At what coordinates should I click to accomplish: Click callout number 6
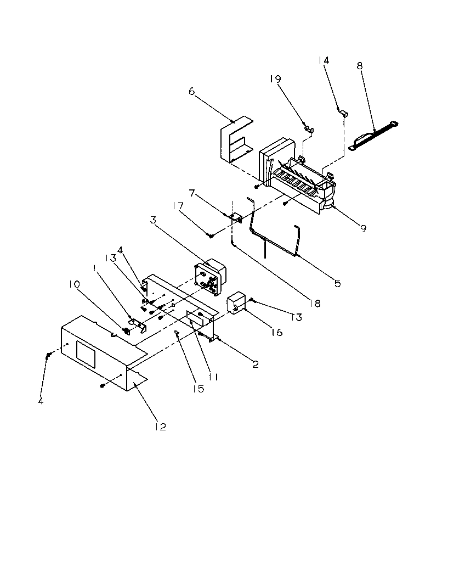pos(191,91)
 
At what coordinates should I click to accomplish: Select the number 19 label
pos(275,79)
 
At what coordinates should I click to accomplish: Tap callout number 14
pos(324,60)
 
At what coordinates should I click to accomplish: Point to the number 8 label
pos(360,66)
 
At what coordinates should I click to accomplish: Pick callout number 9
pos(363,228)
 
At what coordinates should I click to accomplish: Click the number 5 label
pos(337,283)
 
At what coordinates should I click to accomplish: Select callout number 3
pos(154,220)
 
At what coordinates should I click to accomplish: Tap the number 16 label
pos(277,332)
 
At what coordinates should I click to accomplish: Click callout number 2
pos(256,363)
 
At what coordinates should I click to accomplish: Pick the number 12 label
pos(160,426)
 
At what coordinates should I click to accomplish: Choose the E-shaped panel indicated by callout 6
pos(235,142)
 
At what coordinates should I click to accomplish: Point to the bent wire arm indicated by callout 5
pos(274,233)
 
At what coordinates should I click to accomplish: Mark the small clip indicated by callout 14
pos(344,113)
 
